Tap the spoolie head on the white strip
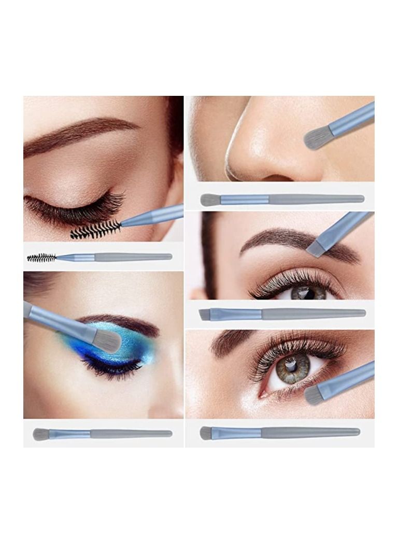tap(41, 257)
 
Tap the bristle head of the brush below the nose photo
tap(210, 200)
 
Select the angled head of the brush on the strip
tap(205, 314)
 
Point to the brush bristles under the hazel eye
tap(313, 395)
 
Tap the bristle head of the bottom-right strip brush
tap(206, 433)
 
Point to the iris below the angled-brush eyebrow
tap(308, 293)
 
